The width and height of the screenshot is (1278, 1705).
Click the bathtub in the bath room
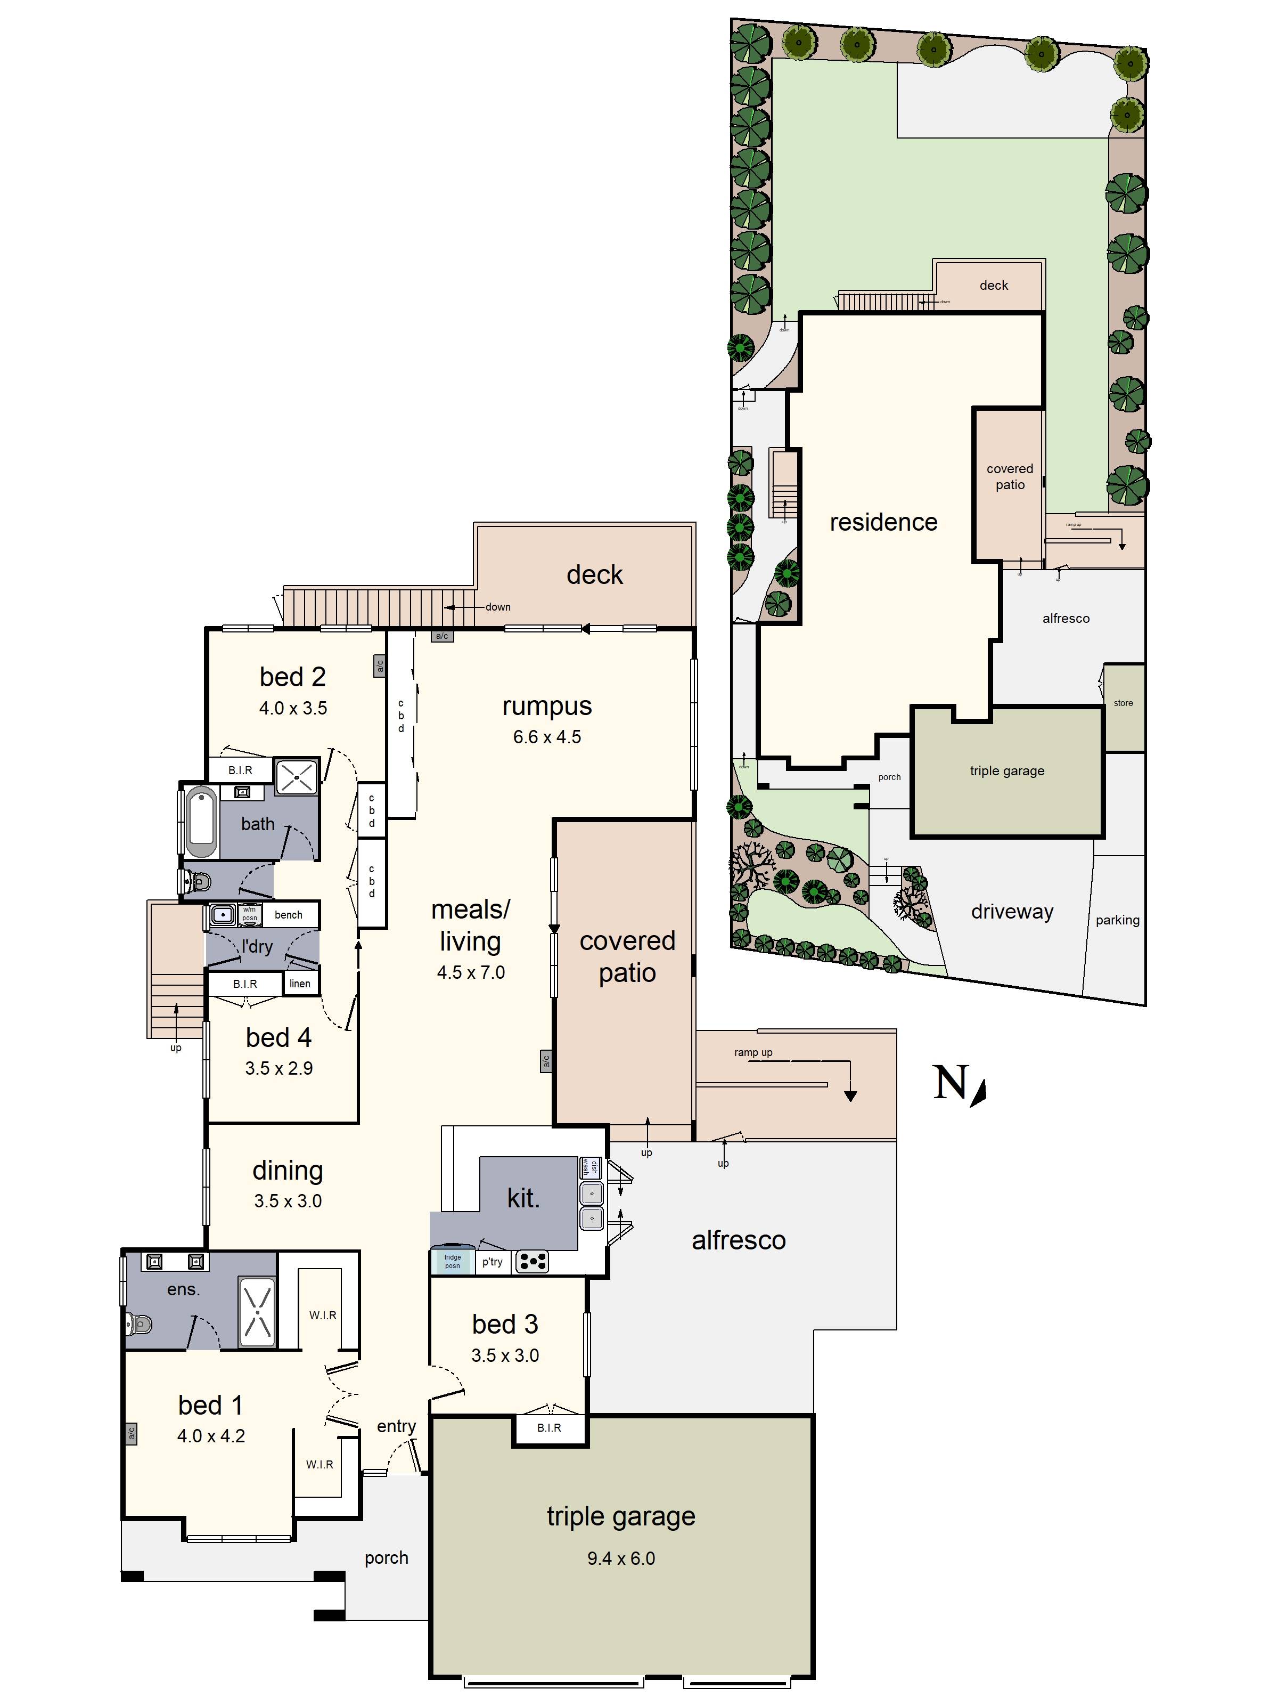[x=201, y=822]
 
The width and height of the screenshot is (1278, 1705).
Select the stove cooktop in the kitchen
[x=531, y=1262]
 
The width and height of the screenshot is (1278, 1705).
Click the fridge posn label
[x=452, y=1261]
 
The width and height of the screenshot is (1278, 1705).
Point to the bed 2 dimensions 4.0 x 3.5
[x=293, y=708]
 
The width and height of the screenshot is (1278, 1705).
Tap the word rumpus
[x=547, y=705]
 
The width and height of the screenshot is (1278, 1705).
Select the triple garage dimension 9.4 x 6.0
[x=621, y=1558]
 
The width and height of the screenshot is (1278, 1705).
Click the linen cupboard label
[x=300, y=984]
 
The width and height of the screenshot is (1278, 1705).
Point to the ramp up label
[x=752, y=1052]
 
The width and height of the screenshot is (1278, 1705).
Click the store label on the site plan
[x=1123, y=703]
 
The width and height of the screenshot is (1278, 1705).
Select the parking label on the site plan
[x=1117, y=920]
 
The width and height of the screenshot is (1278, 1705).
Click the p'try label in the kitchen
[x=491, y=1262]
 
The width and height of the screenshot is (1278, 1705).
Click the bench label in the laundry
[x=288, y=915]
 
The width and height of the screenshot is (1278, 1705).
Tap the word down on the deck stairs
[x=498, y=607]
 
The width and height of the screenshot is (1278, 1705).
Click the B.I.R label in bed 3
[x=548, y=1427]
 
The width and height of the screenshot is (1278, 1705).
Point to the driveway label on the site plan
[x=1011, y=911]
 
